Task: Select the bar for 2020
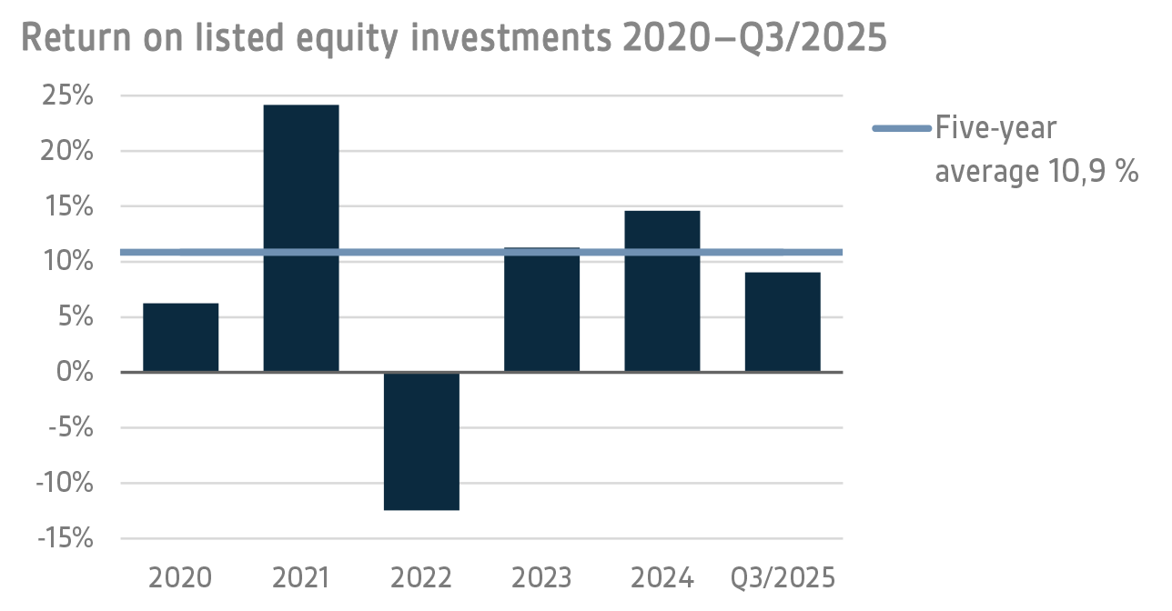181,337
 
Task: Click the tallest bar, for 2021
301,238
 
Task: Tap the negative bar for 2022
421,441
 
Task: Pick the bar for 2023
541,309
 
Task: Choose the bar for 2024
662,291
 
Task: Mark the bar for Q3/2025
783,322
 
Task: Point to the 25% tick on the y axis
68,95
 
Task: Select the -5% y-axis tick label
69,427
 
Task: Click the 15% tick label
68,206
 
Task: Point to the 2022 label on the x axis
421,578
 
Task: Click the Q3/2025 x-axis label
783,578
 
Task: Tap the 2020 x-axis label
181,578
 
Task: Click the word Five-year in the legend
995,129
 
